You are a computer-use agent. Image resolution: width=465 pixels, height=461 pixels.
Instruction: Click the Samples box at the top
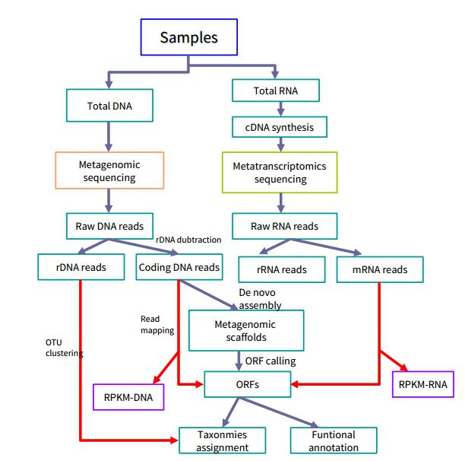(189, 37)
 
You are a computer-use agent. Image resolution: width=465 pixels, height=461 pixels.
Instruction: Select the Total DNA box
(111, 106)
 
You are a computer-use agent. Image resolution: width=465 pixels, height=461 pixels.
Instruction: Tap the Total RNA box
(276, 91)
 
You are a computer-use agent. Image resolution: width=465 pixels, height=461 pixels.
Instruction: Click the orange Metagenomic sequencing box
(109, 171)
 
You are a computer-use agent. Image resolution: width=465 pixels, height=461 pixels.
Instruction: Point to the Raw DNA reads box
(109, 226)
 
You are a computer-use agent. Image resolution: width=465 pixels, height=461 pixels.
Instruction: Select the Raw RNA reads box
(283, 226)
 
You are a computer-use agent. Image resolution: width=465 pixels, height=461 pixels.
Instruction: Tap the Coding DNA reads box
(179, 267)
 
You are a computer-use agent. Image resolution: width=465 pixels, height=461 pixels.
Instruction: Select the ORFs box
(248, 384)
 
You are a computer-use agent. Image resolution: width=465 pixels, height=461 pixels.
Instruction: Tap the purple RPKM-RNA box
(424, 384)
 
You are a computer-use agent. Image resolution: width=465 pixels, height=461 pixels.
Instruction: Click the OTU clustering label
(64, 348)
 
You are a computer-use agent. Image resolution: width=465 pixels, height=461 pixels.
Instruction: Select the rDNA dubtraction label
(188, 240)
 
